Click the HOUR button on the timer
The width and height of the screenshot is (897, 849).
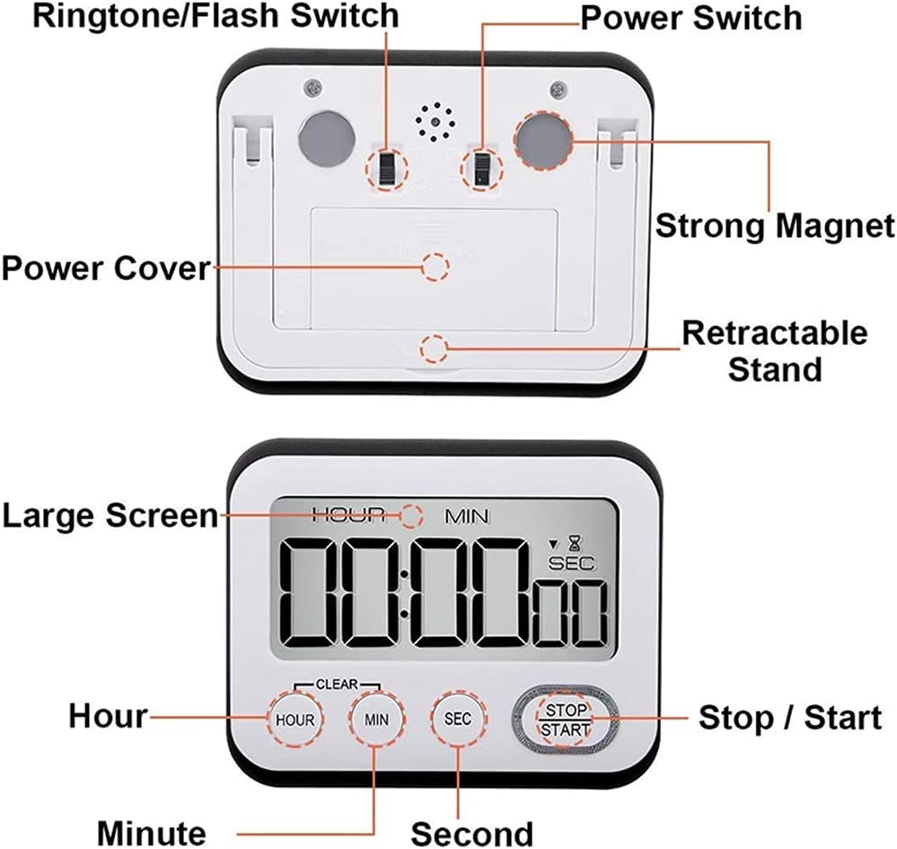click(x=295, y=720)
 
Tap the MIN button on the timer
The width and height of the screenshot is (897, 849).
click(x=376, y=719)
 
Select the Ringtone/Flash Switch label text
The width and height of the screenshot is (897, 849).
click(x=215, y=15)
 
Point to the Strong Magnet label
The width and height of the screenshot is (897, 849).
click(x=774, y=225)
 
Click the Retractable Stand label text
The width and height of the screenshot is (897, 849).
click(x=774, y=350)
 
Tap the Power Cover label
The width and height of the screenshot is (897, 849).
click(x=105, y=268)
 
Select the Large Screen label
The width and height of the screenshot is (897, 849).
click(x=110, y=516)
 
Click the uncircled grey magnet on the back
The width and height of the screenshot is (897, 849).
click(x=327, y=138)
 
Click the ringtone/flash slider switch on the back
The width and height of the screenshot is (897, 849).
click(x=387, y=167)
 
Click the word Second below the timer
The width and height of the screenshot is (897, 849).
click(x=471, y=831)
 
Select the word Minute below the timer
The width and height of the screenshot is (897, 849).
click(x=151, y=831)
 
